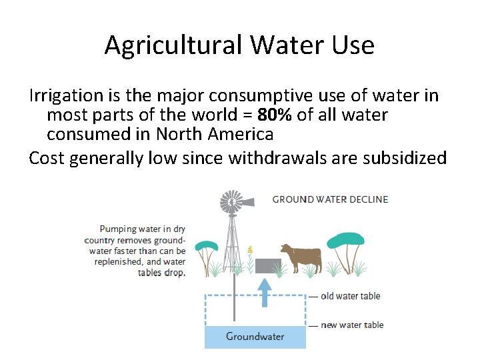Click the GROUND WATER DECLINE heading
pyautogui.click(x=330, y=199)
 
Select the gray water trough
pyautogui.click(x=268, y=265)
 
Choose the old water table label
pyautogui.click(x=350, y=296)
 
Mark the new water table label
pyautogui.click(x=352, y=325)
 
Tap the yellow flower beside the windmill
pyautogui.click(x=250, y=251)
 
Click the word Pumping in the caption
pyautogui.click(x=117, y=229)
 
